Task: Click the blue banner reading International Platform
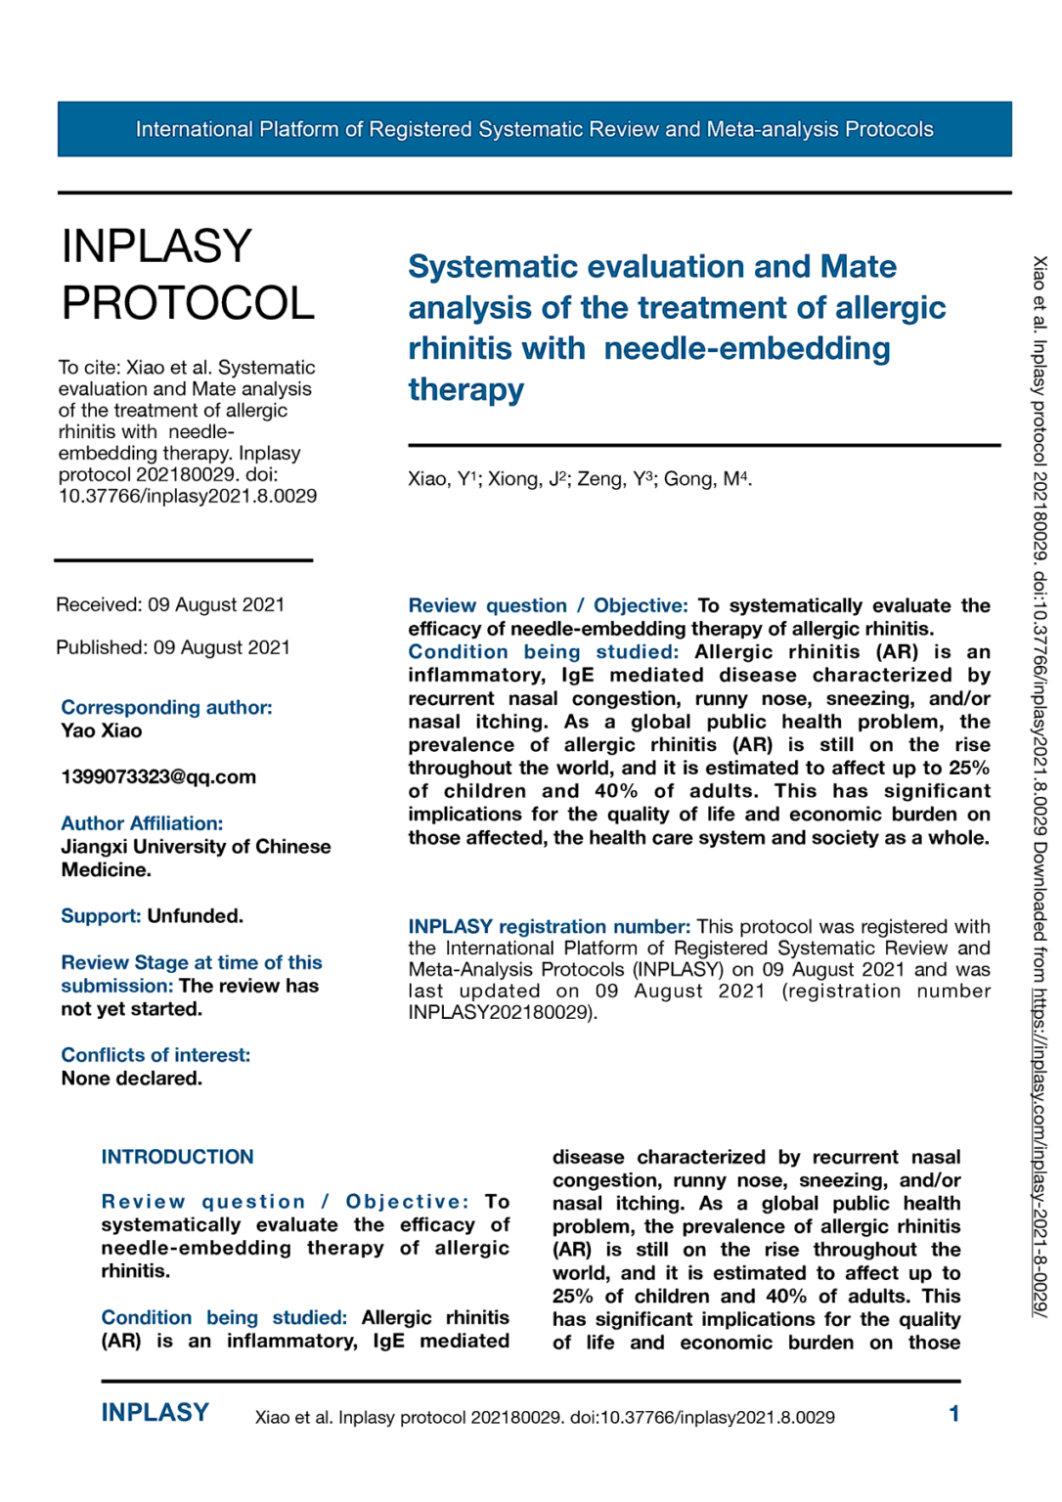pos(534,129)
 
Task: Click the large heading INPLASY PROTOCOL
pos(188,275)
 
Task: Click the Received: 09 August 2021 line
pos(170,604)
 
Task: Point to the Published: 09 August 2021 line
pos(173,647)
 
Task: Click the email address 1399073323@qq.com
pos(158,777)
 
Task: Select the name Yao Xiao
pos(102,730)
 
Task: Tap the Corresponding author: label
pos(166,707)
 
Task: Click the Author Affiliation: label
pos(142,823)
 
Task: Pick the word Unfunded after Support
pos(195,916)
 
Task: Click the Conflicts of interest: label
pos(155,1055)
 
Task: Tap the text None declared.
pos(132,1079)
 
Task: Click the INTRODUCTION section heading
pos(177,1157)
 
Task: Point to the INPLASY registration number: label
pos(549,926)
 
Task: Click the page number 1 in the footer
pos(953,1414)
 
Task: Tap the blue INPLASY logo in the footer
pos(155,1413)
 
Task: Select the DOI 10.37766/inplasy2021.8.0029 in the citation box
pos(188,496)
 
